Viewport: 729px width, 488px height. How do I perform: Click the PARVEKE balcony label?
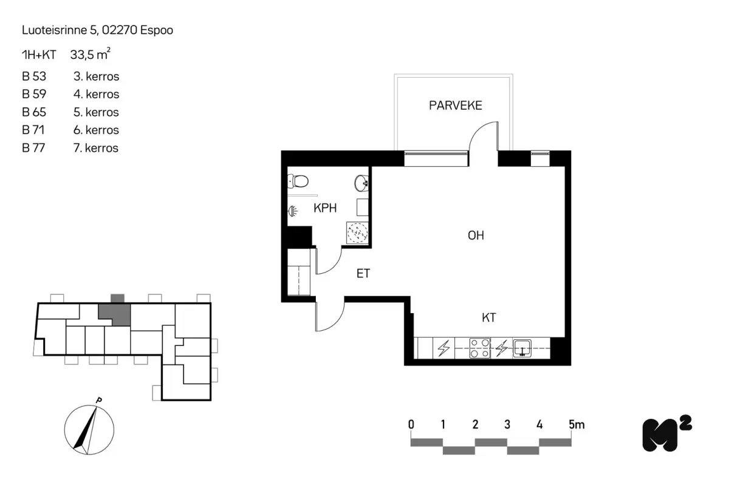click(455, 106)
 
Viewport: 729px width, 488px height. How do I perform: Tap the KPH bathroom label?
click(325, 208)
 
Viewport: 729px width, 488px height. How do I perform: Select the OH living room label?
click(476, 236)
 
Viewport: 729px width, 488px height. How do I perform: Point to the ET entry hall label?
click(363, 273)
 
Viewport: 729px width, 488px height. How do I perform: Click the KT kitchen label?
click(489, 317)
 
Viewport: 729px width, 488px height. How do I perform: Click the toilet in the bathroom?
click(298, 181)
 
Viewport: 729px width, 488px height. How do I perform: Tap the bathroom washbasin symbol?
click(361, 183)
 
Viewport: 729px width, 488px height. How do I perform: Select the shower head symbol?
click(293, 211)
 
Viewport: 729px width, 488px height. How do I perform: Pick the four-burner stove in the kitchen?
click(480, 348)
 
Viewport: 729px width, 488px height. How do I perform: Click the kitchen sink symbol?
click(522, 348)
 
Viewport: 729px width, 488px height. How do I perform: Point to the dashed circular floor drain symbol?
click(357, 233)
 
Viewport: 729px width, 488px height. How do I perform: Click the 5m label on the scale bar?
click(577, 425)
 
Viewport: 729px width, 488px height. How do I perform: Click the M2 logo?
click(666, 434)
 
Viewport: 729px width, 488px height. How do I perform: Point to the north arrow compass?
click(89, 429)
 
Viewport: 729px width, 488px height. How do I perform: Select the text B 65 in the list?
click(34, 112)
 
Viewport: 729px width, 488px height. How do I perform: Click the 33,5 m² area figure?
click(90, 54)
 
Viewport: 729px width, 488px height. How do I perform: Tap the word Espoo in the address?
click(157, 30)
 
